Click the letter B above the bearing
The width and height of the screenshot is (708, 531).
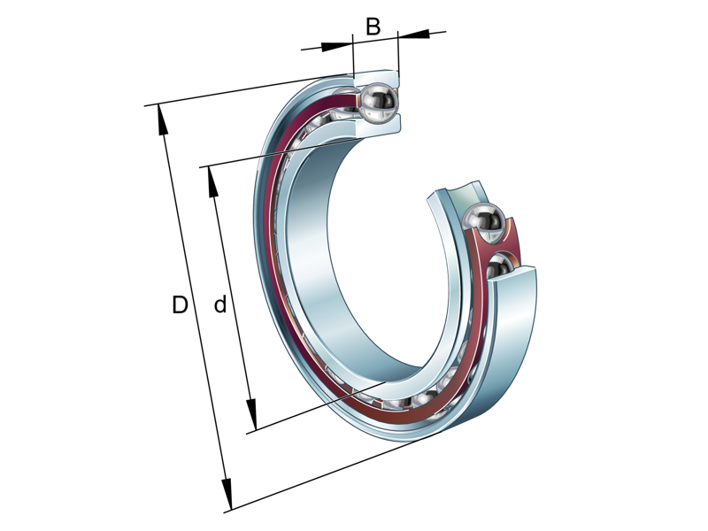pyautogui.click(x=373, y=27)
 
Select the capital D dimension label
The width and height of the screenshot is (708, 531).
pyautogui.click(x=180, y=305)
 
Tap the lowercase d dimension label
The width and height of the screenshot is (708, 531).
pyautogui.click(x=220, y=305)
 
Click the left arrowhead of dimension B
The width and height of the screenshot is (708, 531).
pyautogui.click(x=337, y=45)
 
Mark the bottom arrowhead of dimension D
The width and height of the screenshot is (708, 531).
pyautogui.click(x=227, y=495)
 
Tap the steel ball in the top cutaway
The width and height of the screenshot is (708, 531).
pyautogui.click(x=378, y=102)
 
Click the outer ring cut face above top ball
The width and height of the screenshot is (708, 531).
pyautogui.click(x=376, y=77)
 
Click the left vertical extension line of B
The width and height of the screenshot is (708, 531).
pyautogui.click(x=353, y=58)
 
